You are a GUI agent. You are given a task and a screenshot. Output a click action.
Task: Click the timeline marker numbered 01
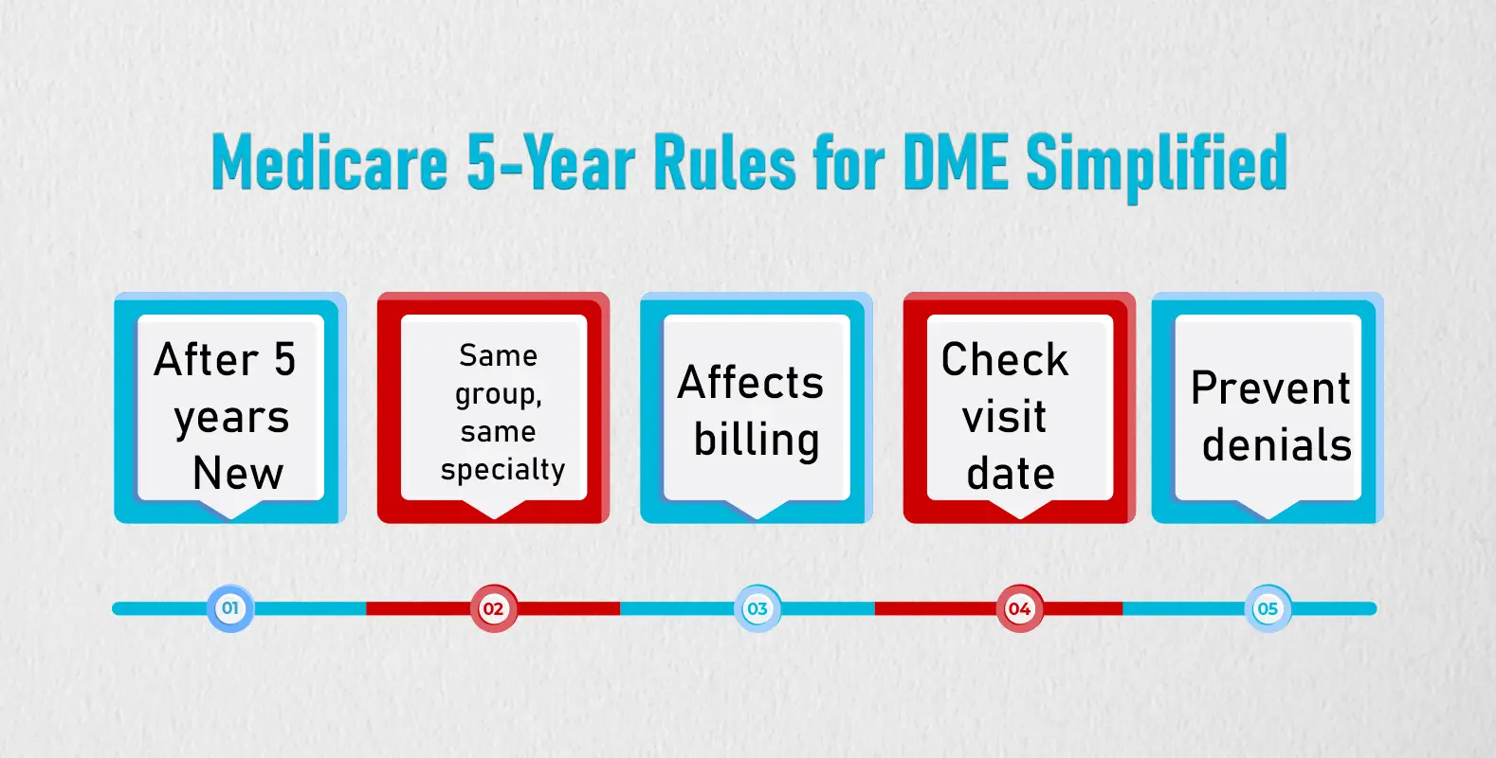230,608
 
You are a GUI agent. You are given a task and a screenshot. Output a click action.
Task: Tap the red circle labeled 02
493,608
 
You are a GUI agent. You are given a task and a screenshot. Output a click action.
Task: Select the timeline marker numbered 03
757,608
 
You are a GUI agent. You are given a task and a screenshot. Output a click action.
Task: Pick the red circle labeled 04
1019,608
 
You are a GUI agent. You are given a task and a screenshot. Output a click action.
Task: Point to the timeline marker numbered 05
1268,608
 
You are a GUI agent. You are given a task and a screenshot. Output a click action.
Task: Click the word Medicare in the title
330,163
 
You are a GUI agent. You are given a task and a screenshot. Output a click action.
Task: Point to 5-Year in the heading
551,163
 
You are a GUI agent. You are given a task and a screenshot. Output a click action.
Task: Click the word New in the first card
238,473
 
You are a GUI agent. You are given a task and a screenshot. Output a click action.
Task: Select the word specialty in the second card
502,470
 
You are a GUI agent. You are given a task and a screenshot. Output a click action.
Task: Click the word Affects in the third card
751,383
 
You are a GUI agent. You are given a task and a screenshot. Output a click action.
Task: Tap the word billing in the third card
756,442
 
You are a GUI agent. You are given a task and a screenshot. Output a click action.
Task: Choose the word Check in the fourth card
1005,360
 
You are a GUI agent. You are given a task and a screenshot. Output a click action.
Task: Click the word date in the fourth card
1011,474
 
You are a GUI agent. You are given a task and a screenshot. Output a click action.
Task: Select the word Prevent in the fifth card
1270,388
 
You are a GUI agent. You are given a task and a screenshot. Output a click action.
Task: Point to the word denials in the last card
1276,445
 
